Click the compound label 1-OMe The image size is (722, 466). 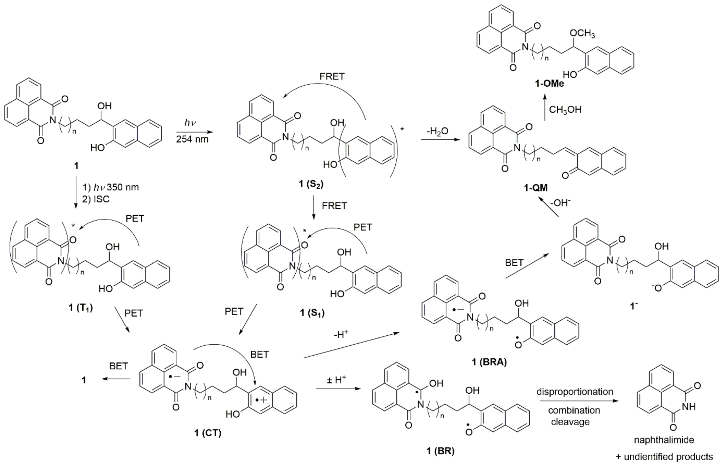pos(549,83)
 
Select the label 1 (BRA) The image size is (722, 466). pos(489,362)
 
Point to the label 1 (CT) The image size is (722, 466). pos(208,433)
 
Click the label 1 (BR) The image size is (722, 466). pos(440,451)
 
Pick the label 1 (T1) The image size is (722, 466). pos(80,308)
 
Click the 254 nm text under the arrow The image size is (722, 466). pos(192,139)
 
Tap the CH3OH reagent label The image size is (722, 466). pos(565,110)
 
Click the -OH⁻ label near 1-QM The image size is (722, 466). pos(560,203)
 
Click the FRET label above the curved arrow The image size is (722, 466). pos(332,77)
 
